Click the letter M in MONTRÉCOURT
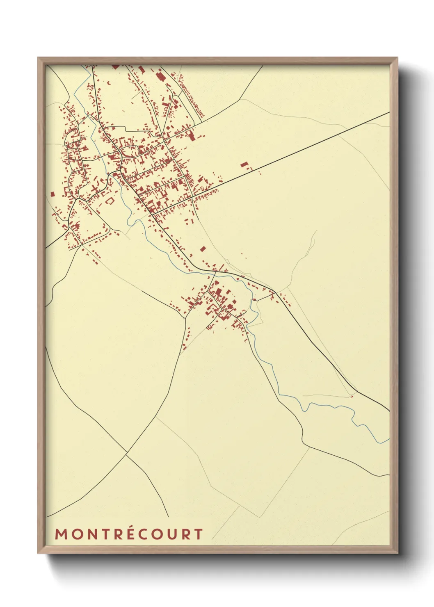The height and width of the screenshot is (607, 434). (x=61, y=534)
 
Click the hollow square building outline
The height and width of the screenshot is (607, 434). (x=109, y=201)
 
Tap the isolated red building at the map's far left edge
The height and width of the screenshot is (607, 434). (x=52, y=194)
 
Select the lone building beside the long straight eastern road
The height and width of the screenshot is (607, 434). (x=244, y=165)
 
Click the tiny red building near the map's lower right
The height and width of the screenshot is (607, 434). (x=351, y=396)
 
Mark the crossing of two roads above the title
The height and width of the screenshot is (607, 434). (x=126, y=454)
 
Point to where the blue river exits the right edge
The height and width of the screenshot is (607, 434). (x=388, y=440)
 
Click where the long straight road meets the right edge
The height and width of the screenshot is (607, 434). (x=388, y=112)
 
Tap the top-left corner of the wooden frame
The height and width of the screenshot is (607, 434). (x=39, y=58)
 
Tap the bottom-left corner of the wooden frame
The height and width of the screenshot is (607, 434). (x=39, y=553)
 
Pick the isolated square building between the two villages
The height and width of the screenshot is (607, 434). (x=203, y=249)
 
